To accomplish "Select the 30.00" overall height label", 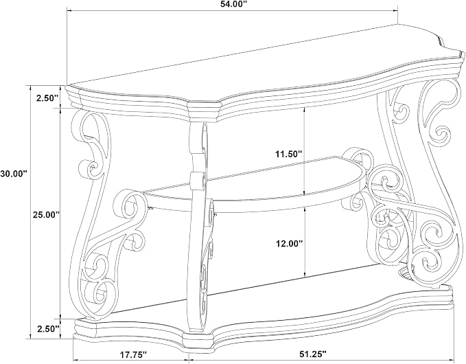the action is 14,174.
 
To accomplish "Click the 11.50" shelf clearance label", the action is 288,154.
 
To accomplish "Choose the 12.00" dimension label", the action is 288,244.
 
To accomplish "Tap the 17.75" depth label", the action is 133,354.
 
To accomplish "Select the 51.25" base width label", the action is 312,354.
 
